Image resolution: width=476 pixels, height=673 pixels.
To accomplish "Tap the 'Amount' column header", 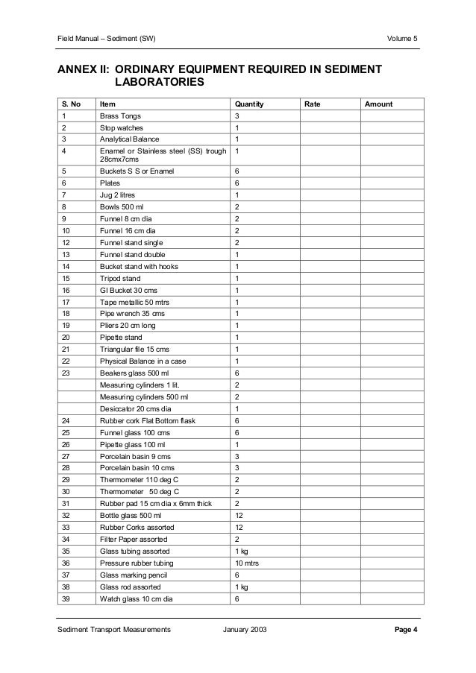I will (x=378, y=104).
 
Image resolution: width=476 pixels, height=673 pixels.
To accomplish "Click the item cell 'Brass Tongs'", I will (x=120, y=116).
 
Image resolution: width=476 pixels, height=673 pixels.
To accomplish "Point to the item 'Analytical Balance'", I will (x=129, y=139).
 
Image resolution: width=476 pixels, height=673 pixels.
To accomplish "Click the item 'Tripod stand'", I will (x=119, y=278).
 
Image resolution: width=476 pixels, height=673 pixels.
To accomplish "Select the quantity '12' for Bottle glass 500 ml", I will (x=239, y=515).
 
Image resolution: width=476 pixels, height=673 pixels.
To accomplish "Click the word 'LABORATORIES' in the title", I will (x=159, y=83).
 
